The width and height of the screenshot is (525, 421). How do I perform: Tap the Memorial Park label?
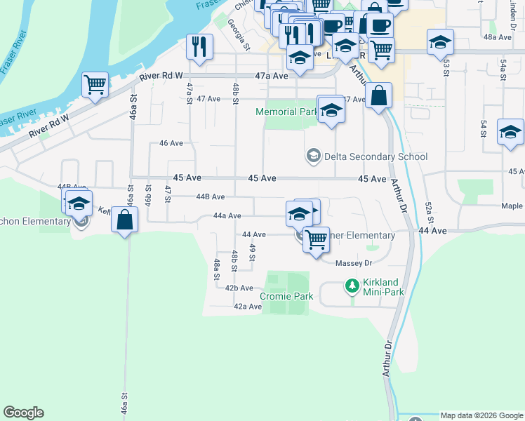(x=286, y=112)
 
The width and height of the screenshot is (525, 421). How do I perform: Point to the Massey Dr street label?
(x=352, y=263)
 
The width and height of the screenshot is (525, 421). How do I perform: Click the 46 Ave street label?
(x=171, y=143)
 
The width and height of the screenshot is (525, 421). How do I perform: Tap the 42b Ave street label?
(x=239, y=288)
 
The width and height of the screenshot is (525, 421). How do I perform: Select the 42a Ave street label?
(x=248, y=307)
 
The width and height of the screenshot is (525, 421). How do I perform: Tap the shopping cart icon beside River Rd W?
(x=95, y=85)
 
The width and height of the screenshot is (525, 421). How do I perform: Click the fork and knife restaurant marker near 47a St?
(x=199, y=47)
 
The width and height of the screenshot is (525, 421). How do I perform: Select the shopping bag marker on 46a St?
(x=124, y=219)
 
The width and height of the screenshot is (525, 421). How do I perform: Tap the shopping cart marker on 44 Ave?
(x=317, y=239)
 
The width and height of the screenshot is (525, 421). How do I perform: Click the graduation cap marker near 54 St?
(x=510, y=132)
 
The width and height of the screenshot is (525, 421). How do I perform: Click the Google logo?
(x=23, y=413)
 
